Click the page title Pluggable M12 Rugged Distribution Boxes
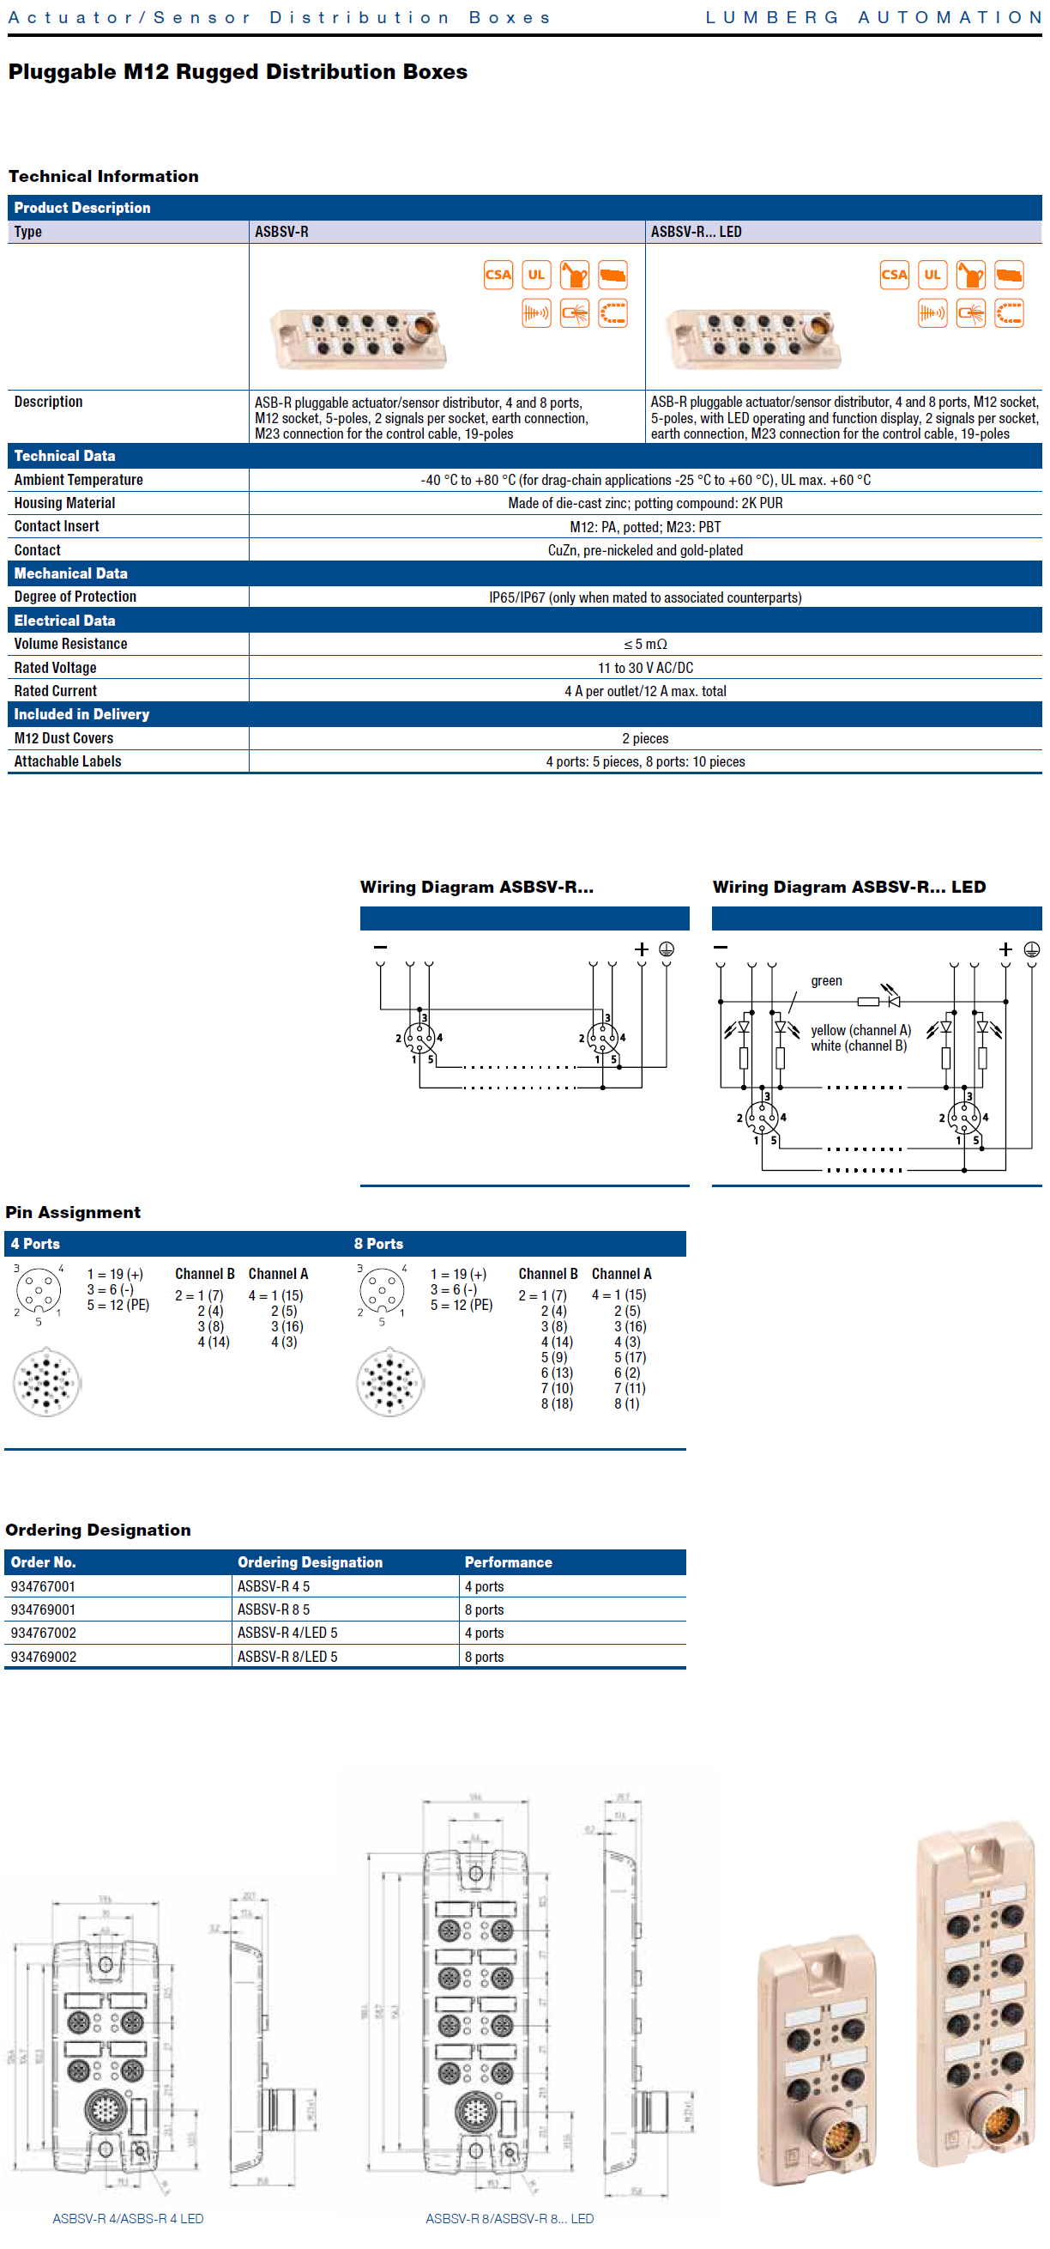point(238,71)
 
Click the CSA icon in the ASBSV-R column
point(498,275)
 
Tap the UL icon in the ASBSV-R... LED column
point(932,275)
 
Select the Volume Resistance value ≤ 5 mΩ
point(645,645)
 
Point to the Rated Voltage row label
point(55,668)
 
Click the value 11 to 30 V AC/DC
point(645,668)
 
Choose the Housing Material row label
point(64,503)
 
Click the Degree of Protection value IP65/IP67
point(645,597)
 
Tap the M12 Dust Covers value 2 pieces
point(645,738)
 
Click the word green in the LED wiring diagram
point(826,981)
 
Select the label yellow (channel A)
point(860,1030)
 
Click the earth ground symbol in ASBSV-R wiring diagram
point(666,949)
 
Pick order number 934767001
point(43,1586)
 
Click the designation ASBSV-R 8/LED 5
point(287,1656)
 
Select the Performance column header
point(508,1562)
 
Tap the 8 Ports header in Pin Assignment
point(378,1243)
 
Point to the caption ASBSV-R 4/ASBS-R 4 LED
point(128,2218)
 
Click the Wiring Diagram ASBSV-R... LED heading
point(848,887)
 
